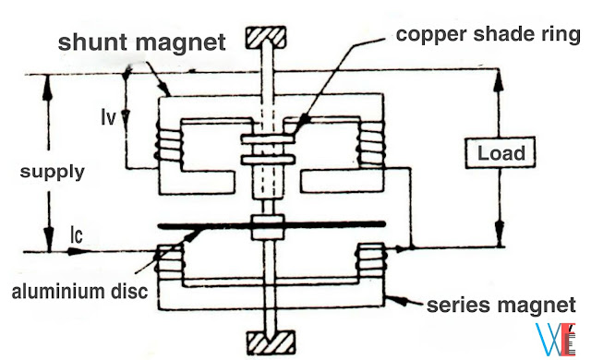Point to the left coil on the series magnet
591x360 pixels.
(x=168, y=262)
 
